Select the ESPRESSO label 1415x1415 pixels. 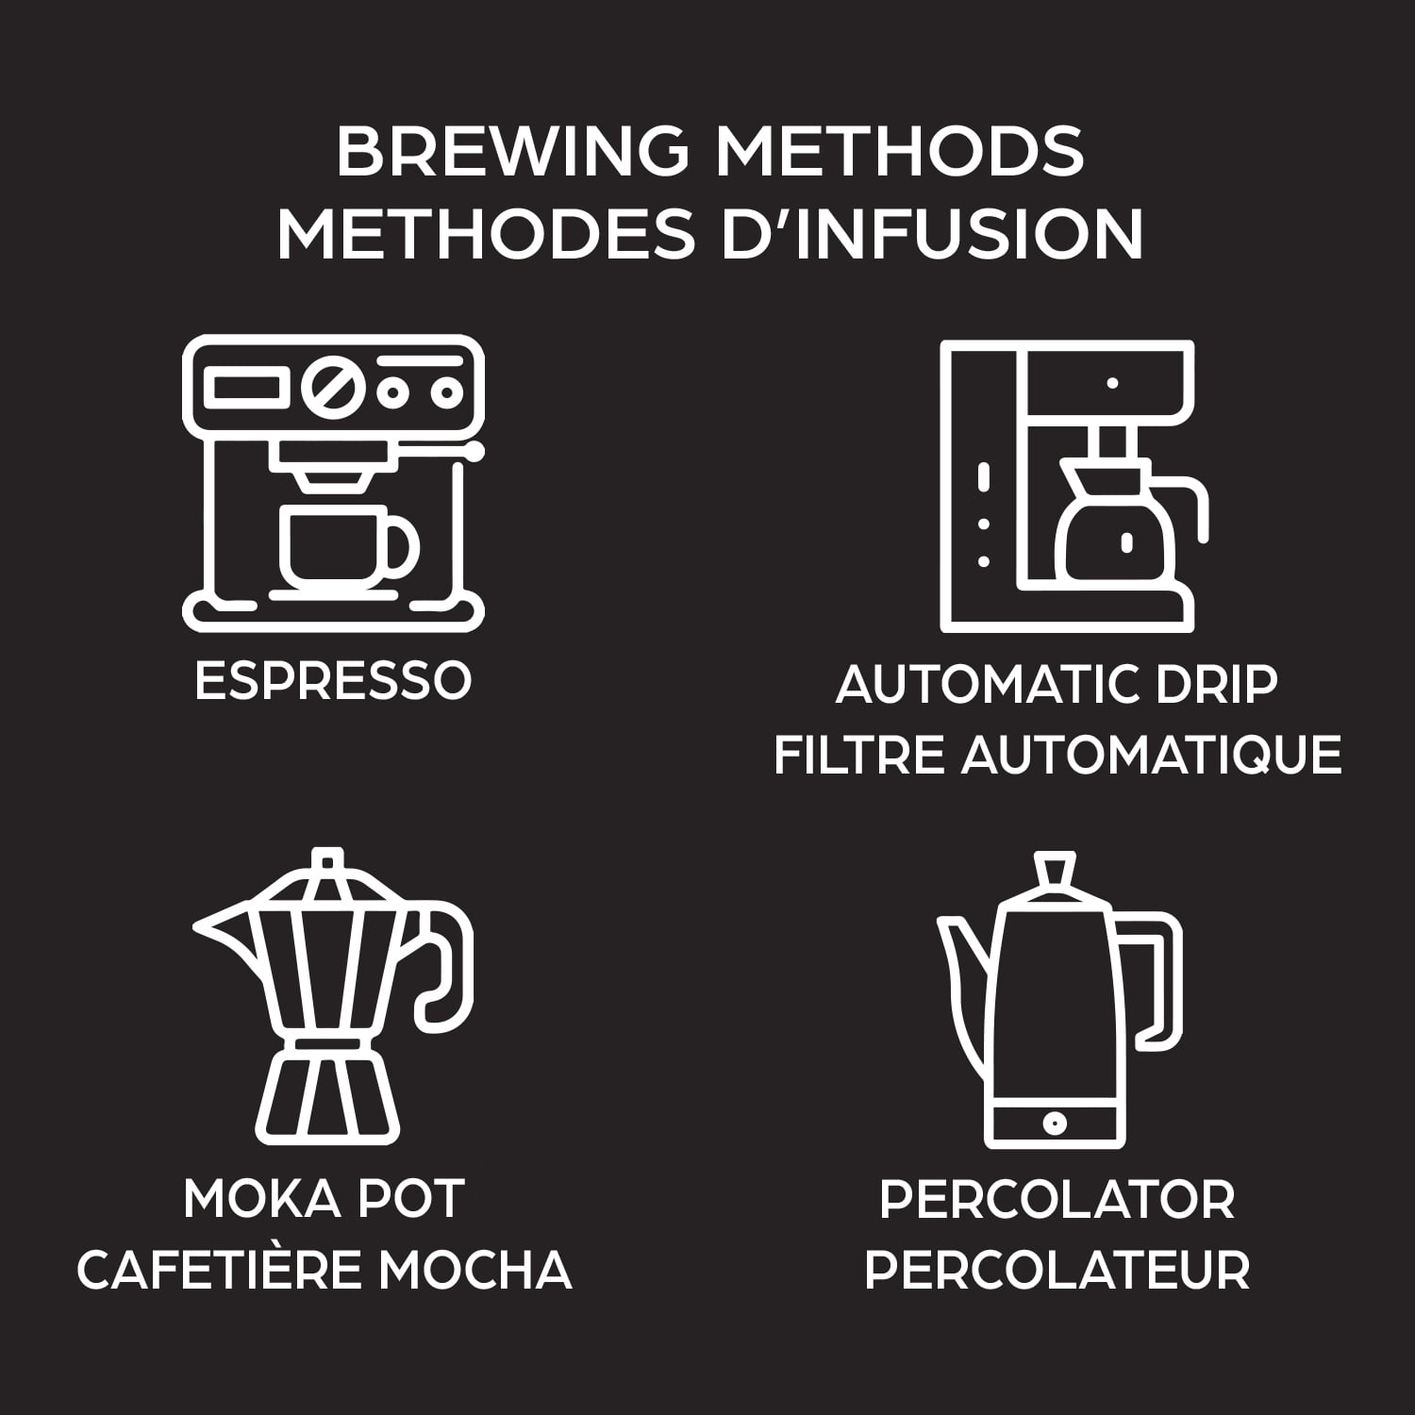tap(332, 680)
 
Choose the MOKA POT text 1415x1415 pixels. tap(324, 1199)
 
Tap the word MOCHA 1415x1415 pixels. tap(476, 1270)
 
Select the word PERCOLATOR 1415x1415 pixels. tap(1057, 1199)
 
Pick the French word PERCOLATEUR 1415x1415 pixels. tap(1057, 1270)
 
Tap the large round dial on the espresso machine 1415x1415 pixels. tap(333, 390)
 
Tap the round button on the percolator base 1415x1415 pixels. tap(1055, 1124)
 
